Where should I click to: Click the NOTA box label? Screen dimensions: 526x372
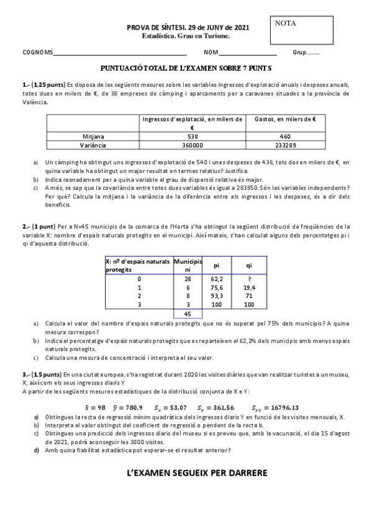(x=286, y=24)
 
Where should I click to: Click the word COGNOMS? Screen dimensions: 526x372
(x=37, y=53)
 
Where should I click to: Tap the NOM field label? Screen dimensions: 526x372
(x=211, y=53)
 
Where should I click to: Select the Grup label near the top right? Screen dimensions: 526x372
(x=306, y=53)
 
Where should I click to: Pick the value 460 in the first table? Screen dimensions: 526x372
(x=285, y=136)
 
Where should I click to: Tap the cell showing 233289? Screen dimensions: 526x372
(x=285, y=145)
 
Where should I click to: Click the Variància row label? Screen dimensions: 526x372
(x=93, y=145)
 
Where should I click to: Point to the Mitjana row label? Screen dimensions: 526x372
(x=93, y=136)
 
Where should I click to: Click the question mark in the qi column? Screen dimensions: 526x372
(x=249, y=279)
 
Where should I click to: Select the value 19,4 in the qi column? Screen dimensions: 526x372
(x=249, y=288)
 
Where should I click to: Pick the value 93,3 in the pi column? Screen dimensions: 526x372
(x=217, y=296)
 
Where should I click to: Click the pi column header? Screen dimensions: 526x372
(x=217, y=265)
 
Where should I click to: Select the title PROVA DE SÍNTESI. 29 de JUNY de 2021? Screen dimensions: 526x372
(x=188, y=28)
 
